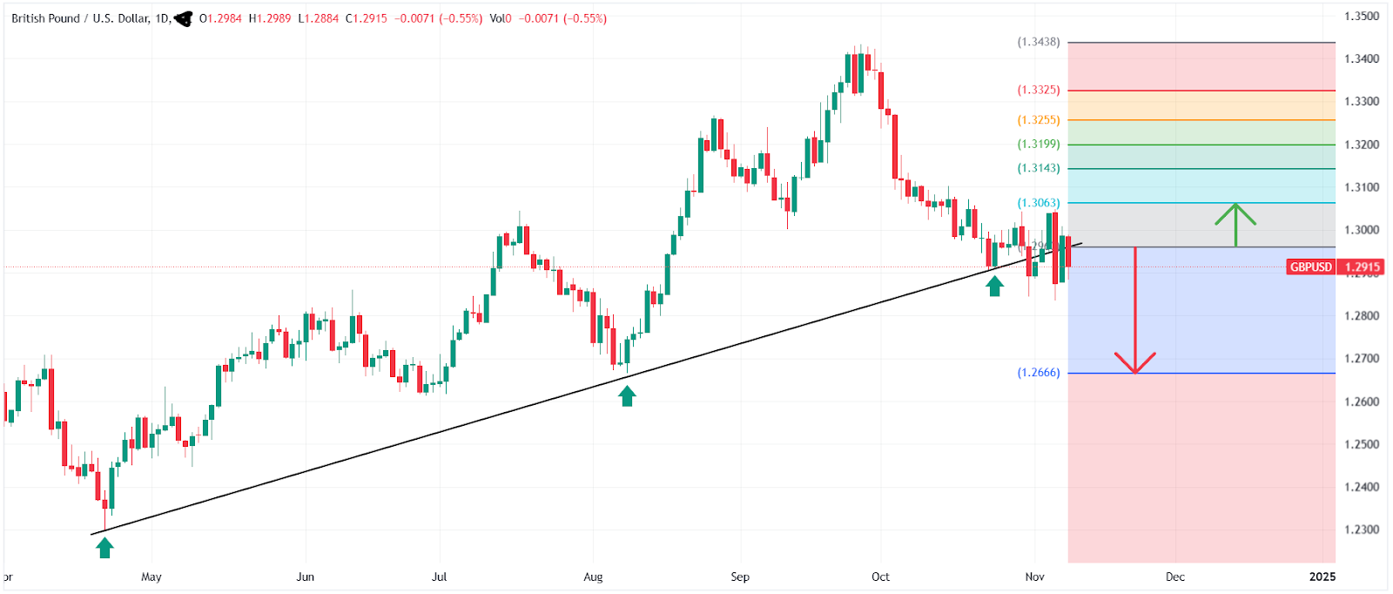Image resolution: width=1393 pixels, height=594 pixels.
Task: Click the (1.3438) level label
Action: tap(1039, 42)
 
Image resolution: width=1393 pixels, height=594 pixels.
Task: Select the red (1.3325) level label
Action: tap(1039, 90)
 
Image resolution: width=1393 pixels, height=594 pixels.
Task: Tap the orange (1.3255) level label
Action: tap(1039, 120)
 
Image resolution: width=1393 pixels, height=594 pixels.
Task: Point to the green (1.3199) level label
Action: tap(1039, 145)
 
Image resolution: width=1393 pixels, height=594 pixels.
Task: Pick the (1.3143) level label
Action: tap(1039, 168)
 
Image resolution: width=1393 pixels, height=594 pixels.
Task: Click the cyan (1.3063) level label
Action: tap(1039, 203)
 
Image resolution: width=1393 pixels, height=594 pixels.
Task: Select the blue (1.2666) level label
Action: tap(1039, 373)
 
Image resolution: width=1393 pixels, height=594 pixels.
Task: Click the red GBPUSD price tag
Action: tap(1310, 267)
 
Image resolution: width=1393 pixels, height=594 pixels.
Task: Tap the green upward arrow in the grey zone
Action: tap(1235, 223)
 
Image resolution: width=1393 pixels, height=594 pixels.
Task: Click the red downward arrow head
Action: tap(1135, 362)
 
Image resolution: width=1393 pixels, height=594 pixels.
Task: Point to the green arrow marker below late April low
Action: tap(104, 547)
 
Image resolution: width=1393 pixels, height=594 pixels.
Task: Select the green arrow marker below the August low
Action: tap(627, 396)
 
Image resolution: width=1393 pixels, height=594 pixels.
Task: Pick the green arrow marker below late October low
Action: tap(994, 286)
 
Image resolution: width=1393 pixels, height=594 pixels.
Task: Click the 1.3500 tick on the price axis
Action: tap(1362, 17)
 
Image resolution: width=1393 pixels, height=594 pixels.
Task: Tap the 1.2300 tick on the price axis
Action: tap(1362, 530)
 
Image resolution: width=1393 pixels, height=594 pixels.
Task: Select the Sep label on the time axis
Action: tap(740, 577)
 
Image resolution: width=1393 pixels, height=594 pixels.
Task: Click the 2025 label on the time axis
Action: tap(1322, 577)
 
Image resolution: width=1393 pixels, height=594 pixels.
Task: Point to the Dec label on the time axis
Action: tap(1175, 577)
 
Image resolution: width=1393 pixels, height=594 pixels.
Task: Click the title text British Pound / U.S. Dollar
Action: tap(80, 18)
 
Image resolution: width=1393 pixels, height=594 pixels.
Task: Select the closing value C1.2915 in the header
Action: tap(367, 18)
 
